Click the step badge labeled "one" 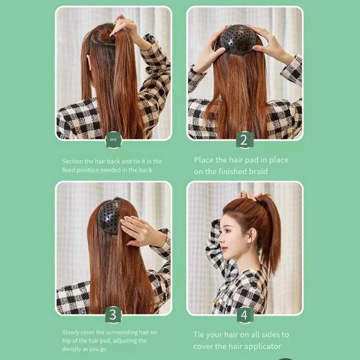(113, 139)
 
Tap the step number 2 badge (244, 139)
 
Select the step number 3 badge (113, 315)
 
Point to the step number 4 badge (245, 315)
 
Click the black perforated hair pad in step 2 (238, 40)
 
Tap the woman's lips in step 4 (223, 249)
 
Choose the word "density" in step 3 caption (70, 349)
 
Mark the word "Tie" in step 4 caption (199, 335)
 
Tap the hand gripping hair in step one (125, 27)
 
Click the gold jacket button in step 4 (217, 303)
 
